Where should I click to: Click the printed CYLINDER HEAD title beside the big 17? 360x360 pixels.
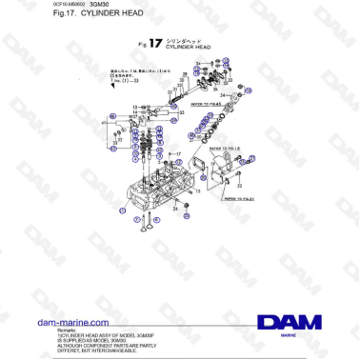point(183,47)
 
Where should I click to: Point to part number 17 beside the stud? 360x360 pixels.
point(177,152)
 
